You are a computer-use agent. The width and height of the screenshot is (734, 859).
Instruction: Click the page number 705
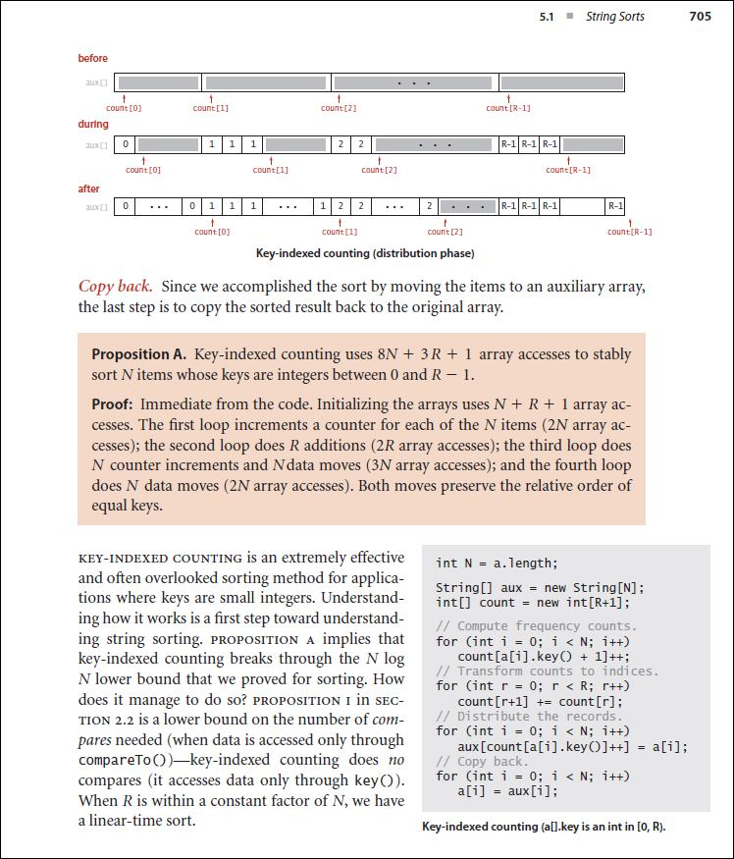tap(700, 16)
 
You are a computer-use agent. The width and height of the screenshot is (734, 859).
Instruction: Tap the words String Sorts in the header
tap(615, 16)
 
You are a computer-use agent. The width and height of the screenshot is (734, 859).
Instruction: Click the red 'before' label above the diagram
tap(93, 59)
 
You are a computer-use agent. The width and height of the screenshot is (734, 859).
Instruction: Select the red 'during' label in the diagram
tap(93, 125)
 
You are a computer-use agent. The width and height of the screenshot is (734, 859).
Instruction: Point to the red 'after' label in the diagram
tap(89, 188)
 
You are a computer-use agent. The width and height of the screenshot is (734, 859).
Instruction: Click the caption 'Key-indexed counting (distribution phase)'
tap(365, 254)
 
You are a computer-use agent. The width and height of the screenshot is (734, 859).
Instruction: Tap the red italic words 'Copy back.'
tap(116, 287)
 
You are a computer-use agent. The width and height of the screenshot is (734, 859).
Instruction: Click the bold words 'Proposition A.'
tap(139, 353)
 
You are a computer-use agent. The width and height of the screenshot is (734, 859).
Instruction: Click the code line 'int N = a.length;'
tap(497, 564)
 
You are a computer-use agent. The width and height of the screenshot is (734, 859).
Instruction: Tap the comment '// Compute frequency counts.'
tap(537, 626)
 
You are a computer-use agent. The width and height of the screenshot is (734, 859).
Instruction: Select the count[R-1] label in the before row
tap(508, 108)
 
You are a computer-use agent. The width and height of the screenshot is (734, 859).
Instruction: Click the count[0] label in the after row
tap(212, 232)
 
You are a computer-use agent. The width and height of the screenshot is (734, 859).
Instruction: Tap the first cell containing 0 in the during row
tap(125, 144)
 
